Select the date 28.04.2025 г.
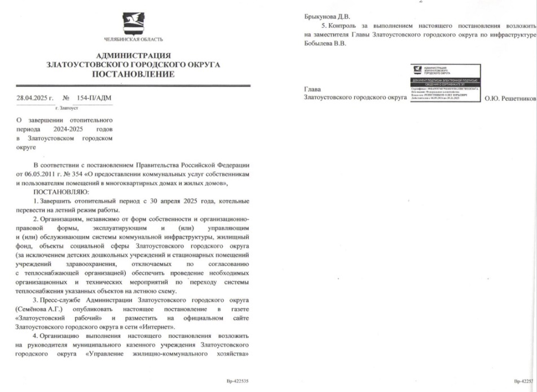point(34,97)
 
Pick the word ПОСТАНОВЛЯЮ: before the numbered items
point(58,192)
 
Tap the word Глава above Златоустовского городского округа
point(313,89)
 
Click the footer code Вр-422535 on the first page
point(236,381)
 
